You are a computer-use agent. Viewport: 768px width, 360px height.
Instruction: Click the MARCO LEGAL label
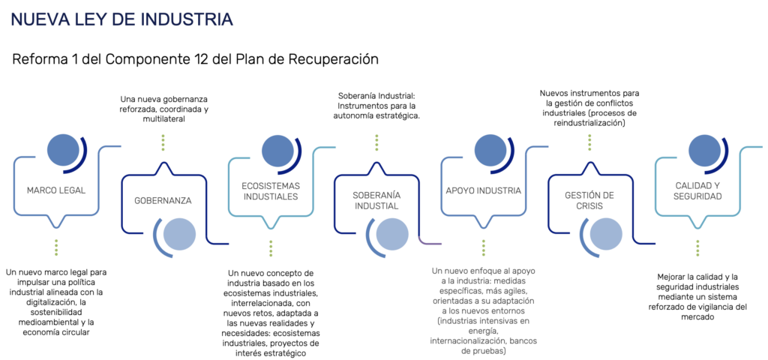point(56,190)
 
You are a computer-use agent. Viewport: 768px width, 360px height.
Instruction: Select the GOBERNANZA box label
point(163,200)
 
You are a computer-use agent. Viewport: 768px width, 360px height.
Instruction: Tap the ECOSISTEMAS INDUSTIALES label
point(270,190)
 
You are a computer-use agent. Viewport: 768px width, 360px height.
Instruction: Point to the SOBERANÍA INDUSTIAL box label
point(377,200)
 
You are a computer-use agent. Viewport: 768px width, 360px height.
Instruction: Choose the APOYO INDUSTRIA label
point(484,190)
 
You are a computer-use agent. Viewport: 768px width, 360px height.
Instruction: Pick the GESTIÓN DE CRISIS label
point(590,200)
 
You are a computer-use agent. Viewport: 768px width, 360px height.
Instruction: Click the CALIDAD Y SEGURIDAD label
point(698,190)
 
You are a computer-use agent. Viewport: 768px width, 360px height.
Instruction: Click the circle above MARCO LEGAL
point(62,150)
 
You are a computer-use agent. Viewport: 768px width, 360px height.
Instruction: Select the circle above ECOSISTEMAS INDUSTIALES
point(277,150)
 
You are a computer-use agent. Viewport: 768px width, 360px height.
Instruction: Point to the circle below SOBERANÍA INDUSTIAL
point(392,234)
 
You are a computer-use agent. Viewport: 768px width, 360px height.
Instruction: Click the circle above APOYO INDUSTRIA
point(490,150)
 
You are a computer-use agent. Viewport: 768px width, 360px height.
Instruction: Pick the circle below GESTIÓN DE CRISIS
point(606,234)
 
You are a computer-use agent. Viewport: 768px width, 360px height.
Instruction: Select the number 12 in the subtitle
point(186,58)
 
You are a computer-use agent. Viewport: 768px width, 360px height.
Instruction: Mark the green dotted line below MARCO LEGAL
point(56,247)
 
